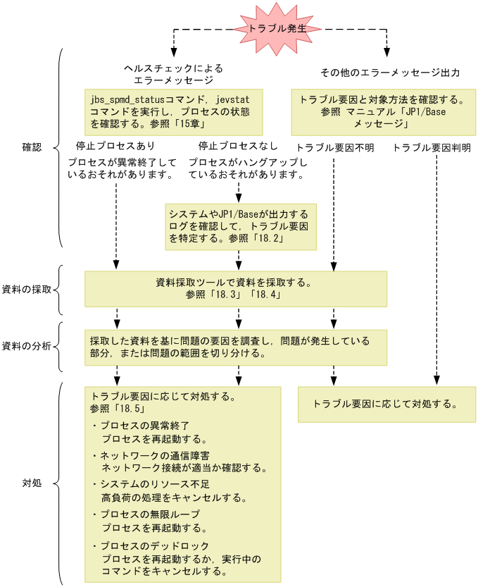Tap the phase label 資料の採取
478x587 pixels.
pyautogui.click(x=26, y=290)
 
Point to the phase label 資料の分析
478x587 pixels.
pyautogui.click(x=26, y=345)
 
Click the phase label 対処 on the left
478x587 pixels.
pyautogui.click(x=32, y=484)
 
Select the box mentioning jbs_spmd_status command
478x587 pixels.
pyautogui.click(x=173, y=111)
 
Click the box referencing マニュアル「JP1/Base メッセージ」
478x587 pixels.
pyautogui.click(x=383, y=111)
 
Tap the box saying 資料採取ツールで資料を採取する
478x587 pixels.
pyautogui.click(x=235, y=289)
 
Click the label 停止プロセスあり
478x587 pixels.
pyautogui.click(x=115, y=147)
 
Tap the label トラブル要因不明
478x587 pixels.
pyautogui.click(x=335, y=147)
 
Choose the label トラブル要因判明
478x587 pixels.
pyautogui.click(x=432, y=147)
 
